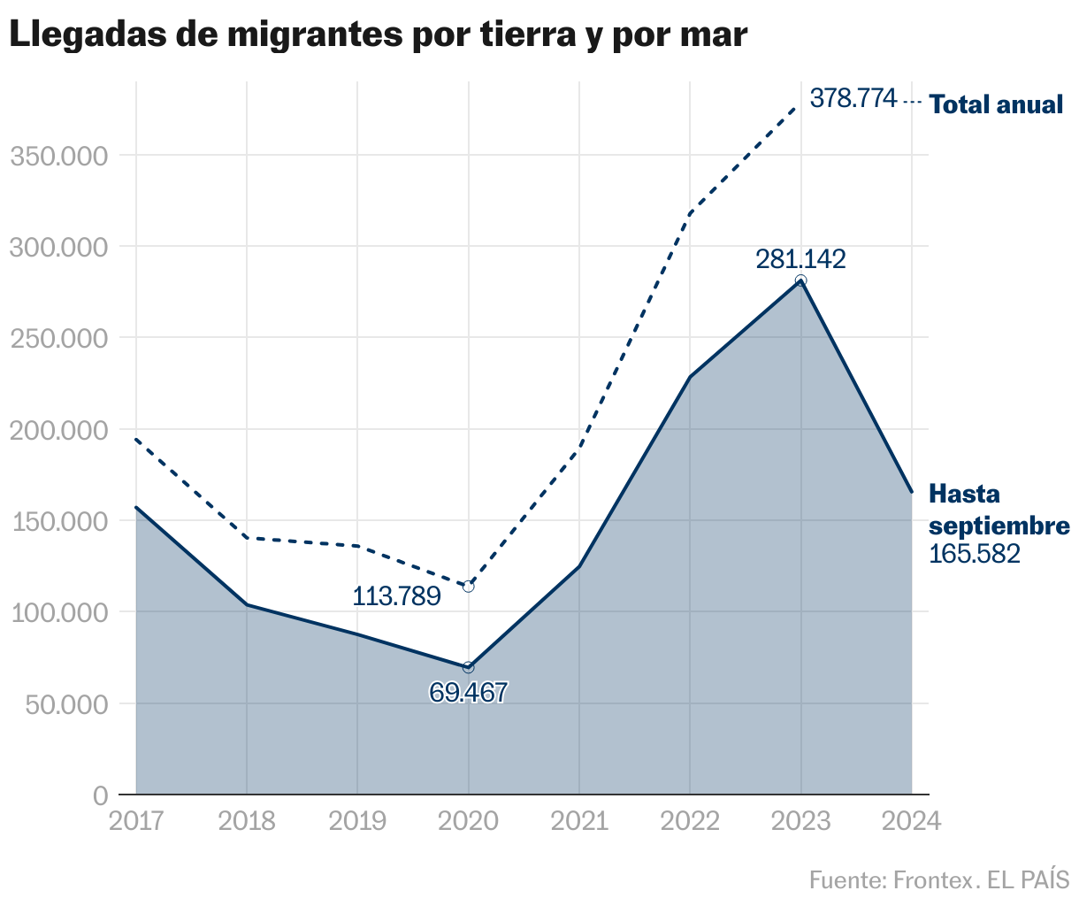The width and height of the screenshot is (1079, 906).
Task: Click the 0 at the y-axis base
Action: (x=100, y=795)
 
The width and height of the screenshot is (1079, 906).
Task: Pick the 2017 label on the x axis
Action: (x=136, y=821)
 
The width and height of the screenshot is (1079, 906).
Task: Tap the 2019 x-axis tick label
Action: (x=357, y=821)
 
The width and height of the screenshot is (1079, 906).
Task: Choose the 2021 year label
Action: (x=579, y=821)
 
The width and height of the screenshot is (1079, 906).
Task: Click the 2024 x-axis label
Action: (x=912, y=821)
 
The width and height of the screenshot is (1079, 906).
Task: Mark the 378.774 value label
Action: (x=853, y=98)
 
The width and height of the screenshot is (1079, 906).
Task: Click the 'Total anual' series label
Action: (x=996, y=104)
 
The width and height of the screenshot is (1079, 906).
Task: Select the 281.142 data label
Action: (x=800, y=259)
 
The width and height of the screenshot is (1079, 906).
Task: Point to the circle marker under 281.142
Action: (x=800, y=280)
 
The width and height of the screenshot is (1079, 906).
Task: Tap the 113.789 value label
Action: (x=396, y=596)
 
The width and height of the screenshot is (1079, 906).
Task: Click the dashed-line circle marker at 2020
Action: (x=469, y=587)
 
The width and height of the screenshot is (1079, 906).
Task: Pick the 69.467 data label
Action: (x=469, y=692)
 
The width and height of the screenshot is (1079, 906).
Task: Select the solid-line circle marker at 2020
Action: (x=469, y=667)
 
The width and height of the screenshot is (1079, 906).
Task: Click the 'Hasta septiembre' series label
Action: (x=999, y=510)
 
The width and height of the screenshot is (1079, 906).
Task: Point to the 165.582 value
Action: (x=975, y=554)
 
